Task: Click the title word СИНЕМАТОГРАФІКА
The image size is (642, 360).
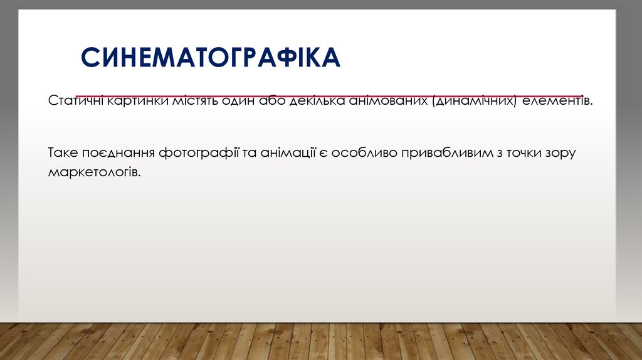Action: coord(211,57)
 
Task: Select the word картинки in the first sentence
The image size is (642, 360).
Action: coord(138,102)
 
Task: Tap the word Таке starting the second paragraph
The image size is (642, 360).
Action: coord(61,152)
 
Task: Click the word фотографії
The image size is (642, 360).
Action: coord(197,152)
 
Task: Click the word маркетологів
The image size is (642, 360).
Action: coord(94,171)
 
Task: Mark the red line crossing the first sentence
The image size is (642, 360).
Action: coord(326,96)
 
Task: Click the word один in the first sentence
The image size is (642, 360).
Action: coord(237,102)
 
